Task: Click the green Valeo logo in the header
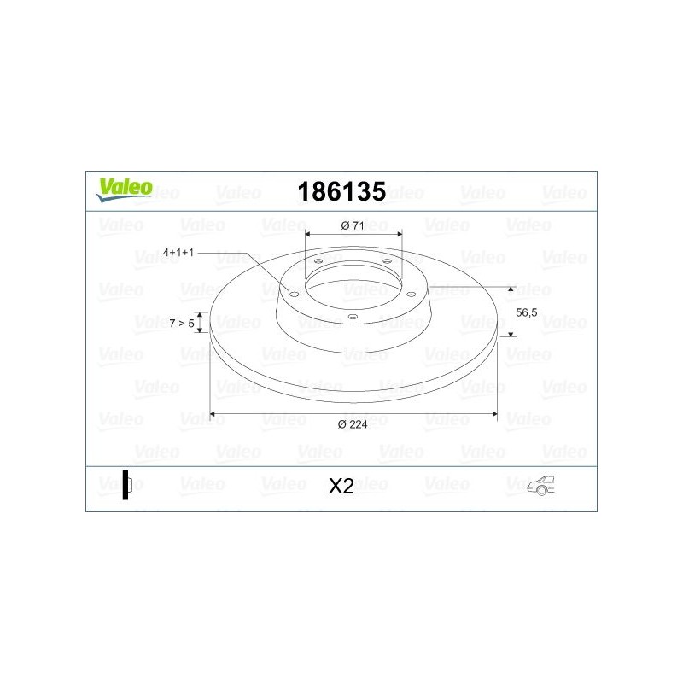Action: [124, 189]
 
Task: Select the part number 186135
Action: [341, 190]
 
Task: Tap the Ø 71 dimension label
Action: [353, 225]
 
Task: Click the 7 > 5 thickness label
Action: [180, 323]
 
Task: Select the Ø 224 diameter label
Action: [353, 424]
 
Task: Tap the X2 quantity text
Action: [341, 486]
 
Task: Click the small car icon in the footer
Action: [542, 486]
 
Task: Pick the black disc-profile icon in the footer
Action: [126, 484]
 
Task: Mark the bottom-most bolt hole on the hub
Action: [352, 316]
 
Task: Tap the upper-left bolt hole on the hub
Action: [318, 261]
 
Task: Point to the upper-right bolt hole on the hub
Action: [387, 261]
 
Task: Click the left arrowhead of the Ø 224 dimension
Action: [213, 414]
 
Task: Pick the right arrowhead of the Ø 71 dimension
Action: [399, 234]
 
